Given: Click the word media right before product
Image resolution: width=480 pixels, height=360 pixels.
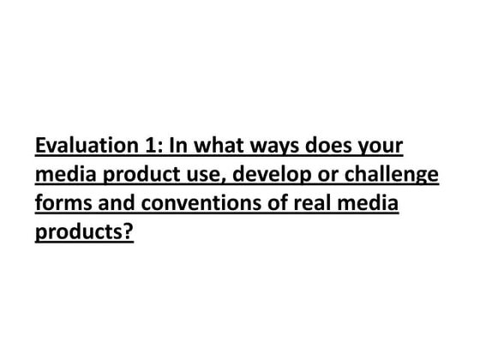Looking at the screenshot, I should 63,176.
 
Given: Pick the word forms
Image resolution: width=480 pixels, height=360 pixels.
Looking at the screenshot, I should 61,205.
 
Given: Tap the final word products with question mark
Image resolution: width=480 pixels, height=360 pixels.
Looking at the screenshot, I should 84,234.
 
